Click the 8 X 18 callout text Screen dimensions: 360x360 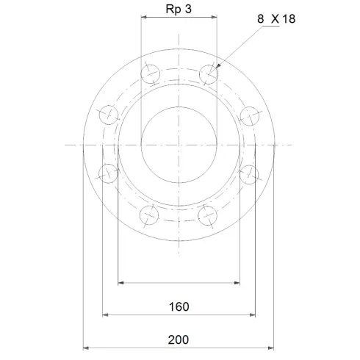276,19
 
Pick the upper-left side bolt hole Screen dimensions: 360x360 109,115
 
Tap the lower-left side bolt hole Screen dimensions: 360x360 109,173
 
